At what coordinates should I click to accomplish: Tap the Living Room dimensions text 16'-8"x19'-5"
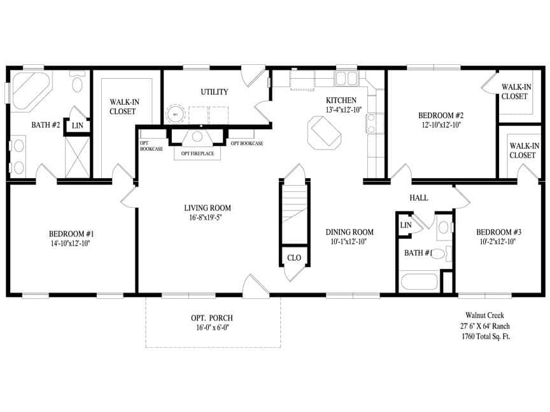(207, 217)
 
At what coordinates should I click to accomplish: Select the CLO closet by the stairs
(294, 257)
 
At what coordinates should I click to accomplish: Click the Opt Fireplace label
(197, 154)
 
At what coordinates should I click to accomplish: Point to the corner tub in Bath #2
(25, 90)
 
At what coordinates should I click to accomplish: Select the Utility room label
(215, 92)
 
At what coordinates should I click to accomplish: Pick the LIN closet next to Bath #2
(78, 126)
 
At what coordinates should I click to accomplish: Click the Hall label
(419, 198)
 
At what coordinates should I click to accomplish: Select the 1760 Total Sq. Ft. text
(486, 336)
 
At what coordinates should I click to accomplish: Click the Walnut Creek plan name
(486, 315)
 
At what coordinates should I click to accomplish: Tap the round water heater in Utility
(175, 114)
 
